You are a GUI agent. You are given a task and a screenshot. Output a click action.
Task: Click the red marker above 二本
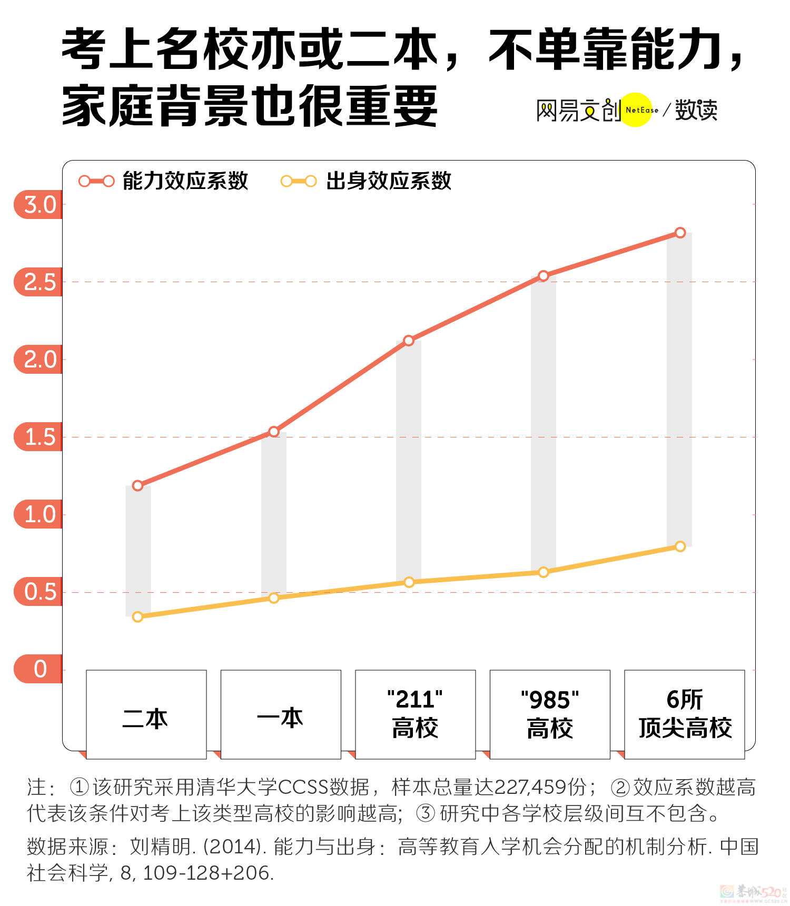tap(138, 485)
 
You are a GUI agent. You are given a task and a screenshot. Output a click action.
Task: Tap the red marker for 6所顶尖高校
tap(680, 233)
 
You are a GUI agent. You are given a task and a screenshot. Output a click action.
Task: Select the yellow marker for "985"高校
tap(544, 572)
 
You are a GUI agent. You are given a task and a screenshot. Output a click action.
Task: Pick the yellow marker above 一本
tap(274, 598)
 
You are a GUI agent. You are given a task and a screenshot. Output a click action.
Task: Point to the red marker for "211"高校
tap(409, 341)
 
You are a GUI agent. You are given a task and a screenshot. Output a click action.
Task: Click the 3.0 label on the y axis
tap(40, 205)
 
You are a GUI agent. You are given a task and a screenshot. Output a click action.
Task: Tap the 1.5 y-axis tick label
tap(40, 437)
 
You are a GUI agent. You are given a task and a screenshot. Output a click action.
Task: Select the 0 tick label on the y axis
tap(40, 669)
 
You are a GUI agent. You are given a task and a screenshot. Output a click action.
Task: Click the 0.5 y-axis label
tap(40, 592)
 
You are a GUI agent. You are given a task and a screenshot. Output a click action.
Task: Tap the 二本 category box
tap(146, 714)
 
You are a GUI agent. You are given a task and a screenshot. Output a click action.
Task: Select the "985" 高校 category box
tap(550, 714)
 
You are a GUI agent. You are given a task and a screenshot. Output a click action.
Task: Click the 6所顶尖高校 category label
tap(685, 714)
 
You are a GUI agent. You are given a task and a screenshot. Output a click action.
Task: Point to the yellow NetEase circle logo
tap(636, 110)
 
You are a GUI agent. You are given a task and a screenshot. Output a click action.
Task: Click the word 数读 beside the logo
tap(696, 110)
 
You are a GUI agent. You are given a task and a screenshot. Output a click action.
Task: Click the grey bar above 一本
tap(274, 513)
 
